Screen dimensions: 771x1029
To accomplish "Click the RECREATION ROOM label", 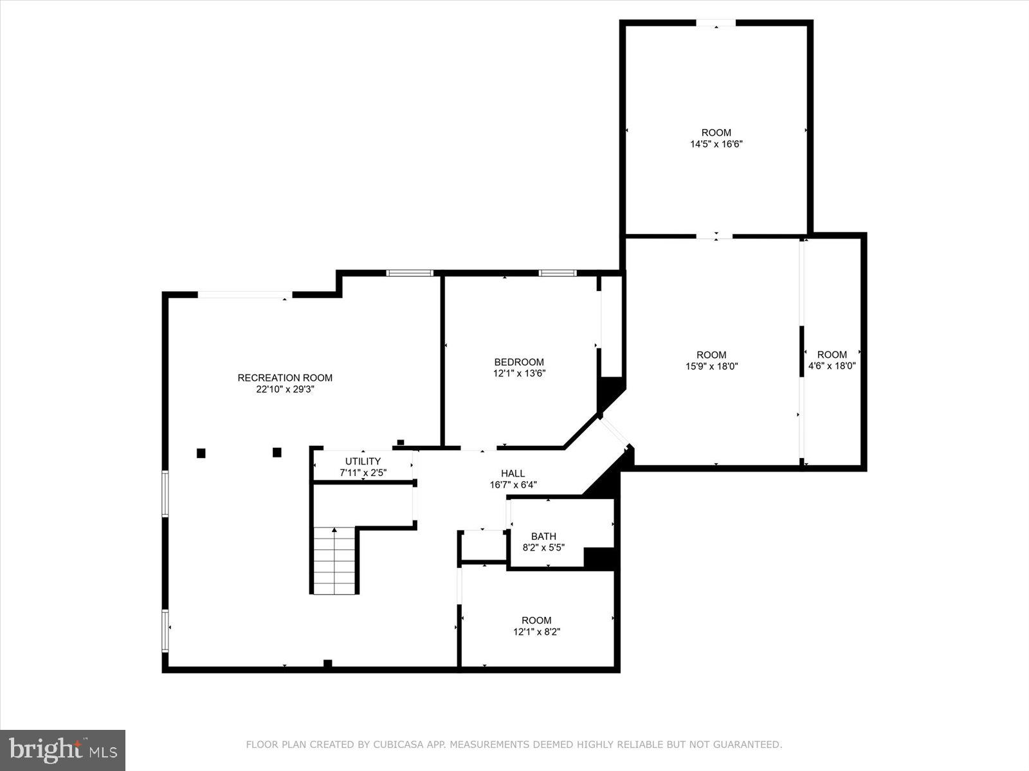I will (285, 378).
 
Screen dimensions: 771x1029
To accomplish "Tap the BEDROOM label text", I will (518, 362).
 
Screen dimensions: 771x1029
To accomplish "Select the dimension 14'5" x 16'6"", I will (716, 145).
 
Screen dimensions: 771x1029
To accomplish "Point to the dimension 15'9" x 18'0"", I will (711, 366).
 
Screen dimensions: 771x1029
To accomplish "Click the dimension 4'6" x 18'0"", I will (832, 366).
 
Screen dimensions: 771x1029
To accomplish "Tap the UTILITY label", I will (363, 461).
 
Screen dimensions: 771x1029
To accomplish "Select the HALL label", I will (513, 474).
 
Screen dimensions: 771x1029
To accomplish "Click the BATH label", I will (543, 536).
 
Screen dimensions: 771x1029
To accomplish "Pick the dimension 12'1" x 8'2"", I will (536, 632).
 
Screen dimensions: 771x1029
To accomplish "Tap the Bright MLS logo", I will (62, 750).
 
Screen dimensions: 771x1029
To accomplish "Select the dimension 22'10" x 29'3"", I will (285, 389).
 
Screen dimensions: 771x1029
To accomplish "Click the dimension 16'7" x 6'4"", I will (513, 485).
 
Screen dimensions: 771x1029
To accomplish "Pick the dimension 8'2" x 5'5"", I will (543, 548).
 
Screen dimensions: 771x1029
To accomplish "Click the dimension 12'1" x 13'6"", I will (518, 373).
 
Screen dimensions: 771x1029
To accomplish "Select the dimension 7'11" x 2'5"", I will (363, 473).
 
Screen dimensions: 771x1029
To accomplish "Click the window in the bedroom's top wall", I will (558, 273).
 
